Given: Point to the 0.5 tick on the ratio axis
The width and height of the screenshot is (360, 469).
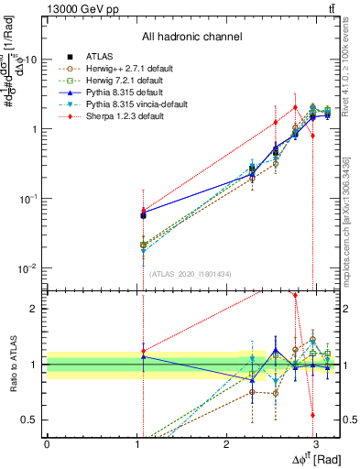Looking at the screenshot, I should click(x=33, y=420).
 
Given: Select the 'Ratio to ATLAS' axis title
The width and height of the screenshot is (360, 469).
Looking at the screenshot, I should click(x=12, y=364).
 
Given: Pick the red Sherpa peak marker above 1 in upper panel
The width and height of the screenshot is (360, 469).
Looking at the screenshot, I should click(x=295, y=106).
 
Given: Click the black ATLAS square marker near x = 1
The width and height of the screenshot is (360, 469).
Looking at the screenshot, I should click(x=143, y=214).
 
